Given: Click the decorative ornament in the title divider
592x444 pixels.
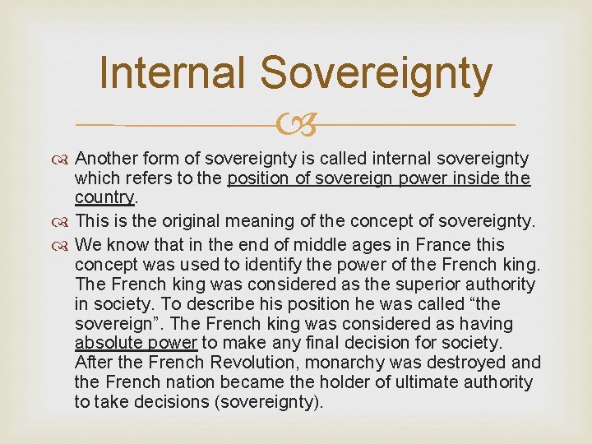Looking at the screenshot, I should [295, 125].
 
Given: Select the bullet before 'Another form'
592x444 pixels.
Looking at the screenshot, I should [64, 159].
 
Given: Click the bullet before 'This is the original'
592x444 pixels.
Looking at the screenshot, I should [64, 222].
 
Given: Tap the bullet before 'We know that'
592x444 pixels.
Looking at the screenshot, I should [64, 245].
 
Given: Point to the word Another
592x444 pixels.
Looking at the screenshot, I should [106, 159].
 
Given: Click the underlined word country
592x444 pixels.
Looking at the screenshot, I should [104, 198].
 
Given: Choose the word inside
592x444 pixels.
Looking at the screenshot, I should [470, 178].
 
